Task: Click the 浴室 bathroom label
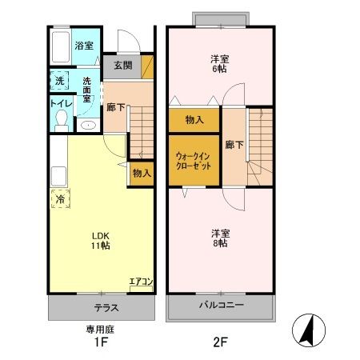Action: [x=84, y=46]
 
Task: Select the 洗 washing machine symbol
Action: [x=59, y=80]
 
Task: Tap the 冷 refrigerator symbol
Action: [x=59, y=200]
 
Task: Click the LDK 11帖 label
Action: [x=99, y=240]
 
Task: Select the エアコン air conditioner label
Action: [x=141, y=282]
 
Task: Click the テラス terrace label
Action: [x=101, y=306]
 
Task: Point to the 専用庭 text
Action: [x=101, y=329]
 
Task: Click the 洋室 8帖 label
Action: [x=221, y=238]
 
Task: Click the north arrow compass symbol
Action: [x=307, y=329]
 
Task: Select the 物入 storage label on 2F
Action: [x=194, y=120]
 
